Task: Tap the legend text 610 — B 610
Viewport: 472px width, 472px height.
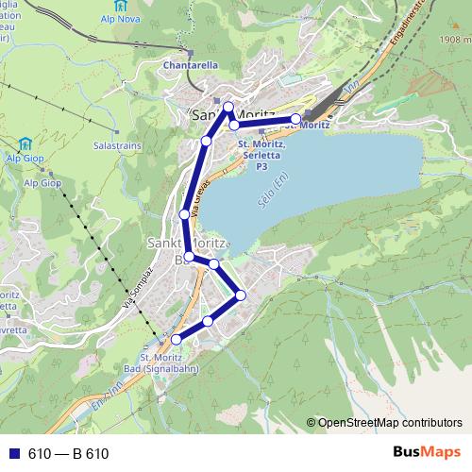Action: tap(69, 454)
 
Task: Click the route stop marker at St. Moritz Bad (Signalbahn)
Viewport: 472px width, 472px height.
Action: tap(176, 339)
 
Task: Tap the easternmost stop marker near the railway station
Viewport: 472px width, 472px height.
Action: tap(296, 119)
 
